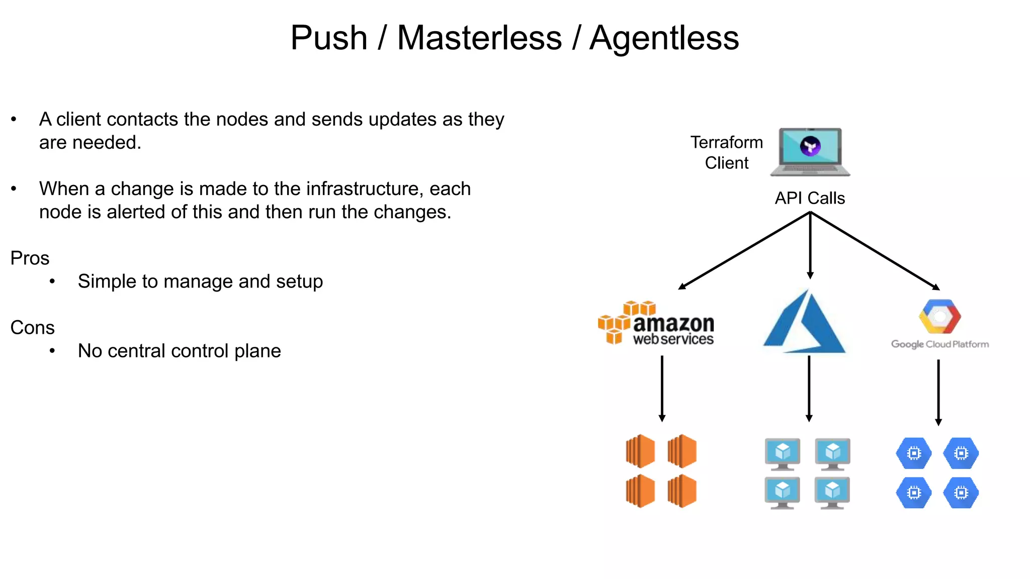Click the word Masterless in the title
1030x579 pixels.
pos(479,38)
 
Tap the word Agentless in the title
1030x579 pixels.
pos(664,38)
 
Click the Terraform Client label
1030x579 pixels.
pos(726,152)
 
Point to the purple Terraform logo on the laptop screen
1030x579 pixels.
pos(810,146)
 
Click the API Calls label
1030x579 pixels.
pos(810,198)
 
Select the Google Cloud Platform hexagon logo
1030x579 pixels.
pos(939,317)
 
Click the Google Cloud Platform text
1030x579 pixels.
pos(939,344)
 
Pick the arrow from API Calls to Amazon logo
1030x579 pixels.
pos(744,250)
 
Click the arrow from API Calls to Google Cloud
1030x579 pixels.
pos(875,250)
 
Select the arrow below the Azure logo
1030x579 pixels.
pos(809,389)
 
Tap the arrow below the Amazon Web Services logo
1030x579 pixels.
pos(662,389)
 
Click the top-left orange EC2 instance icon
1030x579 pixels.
pos(640,451)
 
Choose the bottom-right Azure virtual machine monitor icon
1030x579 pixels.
pos(832,493)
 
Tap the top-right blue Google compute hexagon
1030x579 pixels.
pos(961,453)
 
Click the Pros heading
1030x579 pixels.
pos(30,258)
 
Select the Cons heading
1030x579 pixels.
pos(32,328)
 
